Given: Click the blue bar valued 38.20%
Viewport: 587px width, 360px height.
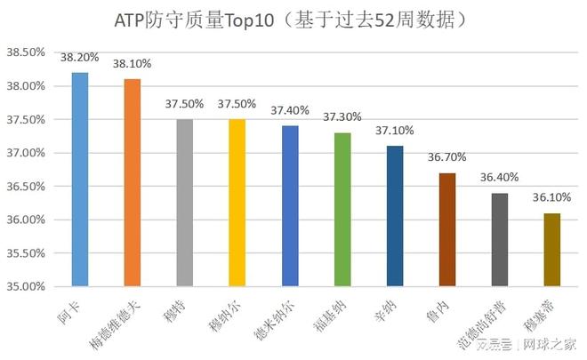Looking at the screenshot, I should click(80, 180).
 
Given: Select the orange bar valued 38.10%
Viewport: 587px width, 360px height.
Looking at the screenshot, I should click(133, 183).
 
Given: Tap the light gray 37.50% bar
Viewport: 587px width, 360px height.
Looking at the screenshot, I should click(185, 203).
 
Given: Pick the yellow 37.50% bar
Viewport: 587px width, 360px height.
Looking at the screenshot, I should click(237, 203).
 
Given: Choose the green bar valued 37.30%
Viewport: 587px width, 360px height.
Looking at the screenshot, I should click(342, 210).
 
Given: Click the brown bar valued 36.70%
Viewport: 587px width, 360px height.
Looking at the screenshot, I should click(447, 229).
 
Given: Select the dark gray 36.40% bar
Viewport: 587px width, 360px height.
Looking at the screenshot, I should click(500, 240).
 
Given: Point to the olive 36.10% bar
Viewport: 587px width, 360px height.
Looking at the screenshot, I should click(551, 250).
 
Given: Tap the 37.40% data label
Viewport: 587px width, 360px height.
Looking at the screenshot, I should click(290, 110).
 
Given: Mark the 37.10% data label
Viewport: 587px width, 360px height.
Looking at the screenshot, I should click(395, 130).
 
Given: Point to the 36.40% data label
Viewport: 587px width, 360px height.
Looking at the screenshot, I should click(500, 177).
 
